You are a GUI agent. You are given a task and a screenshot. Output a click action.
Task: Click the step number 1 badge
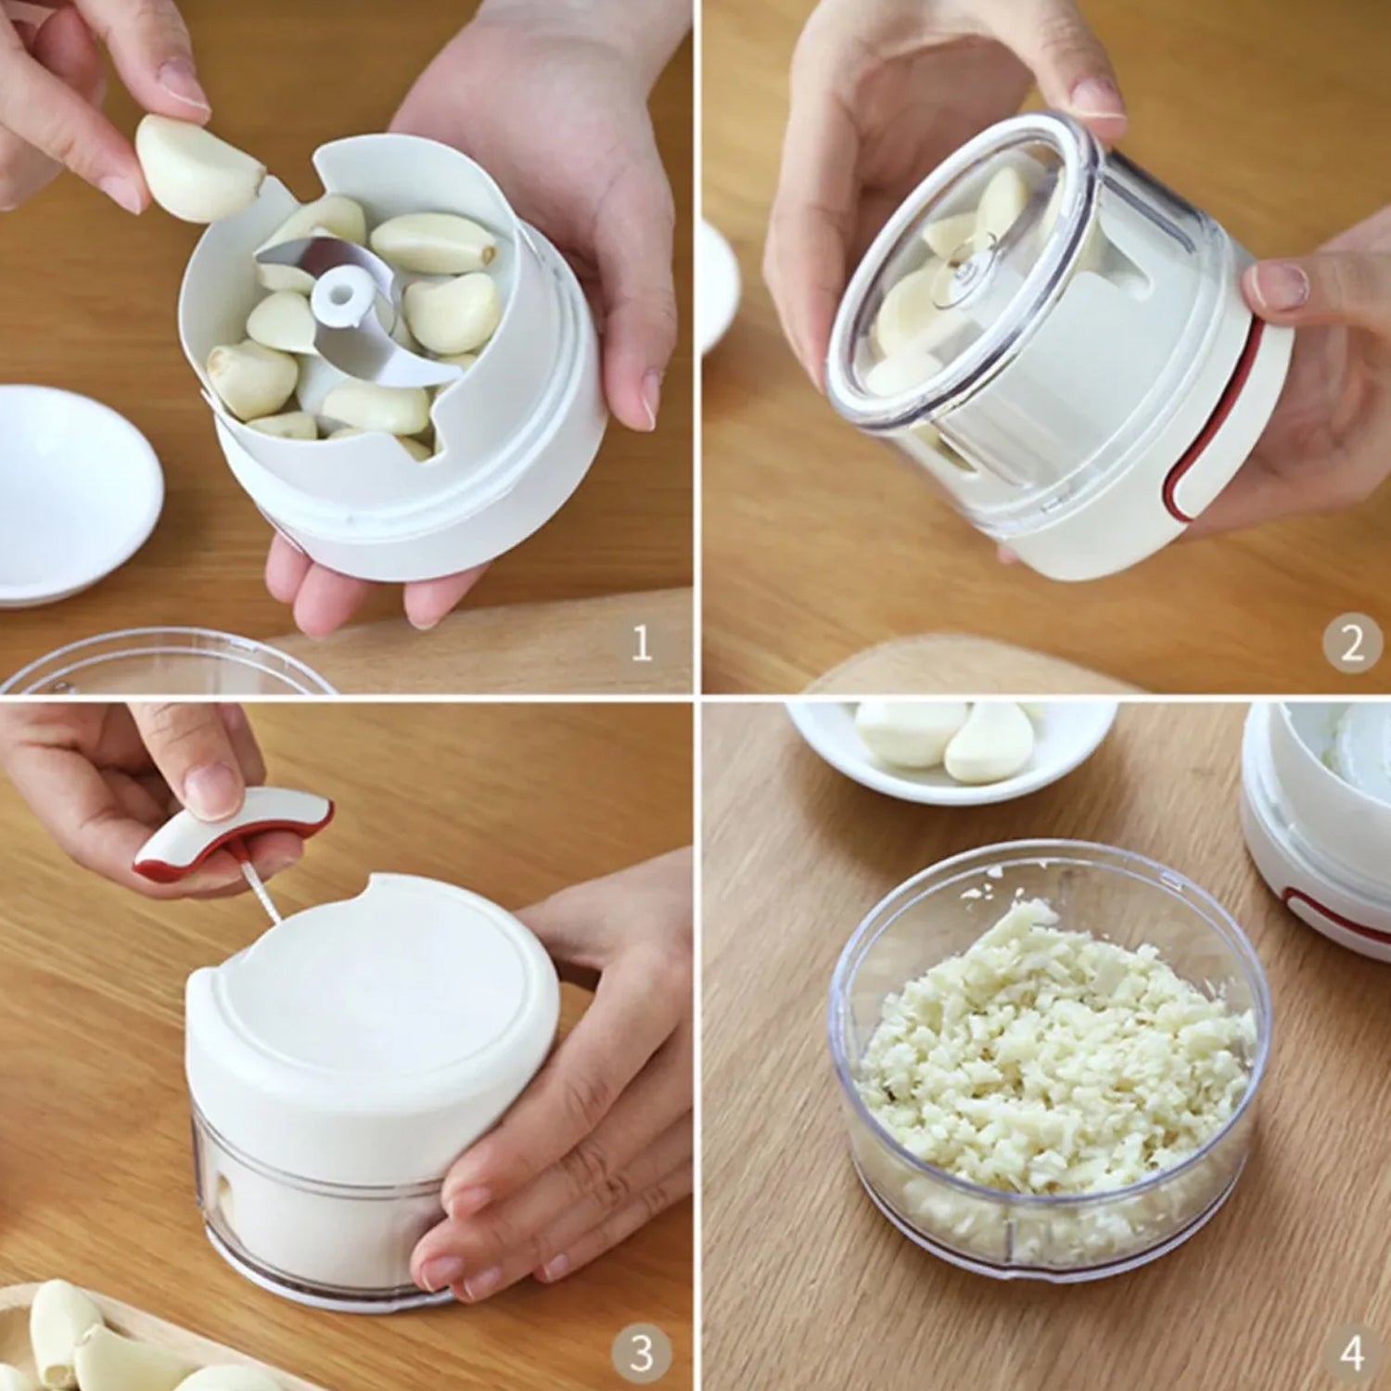click(641, 643)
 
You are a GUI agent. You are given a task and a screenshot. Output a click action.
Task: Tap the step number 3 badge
click(641, 1353)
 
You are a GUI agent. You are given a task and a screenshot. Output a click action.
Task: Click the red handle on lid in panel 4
click(1335, 918)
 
